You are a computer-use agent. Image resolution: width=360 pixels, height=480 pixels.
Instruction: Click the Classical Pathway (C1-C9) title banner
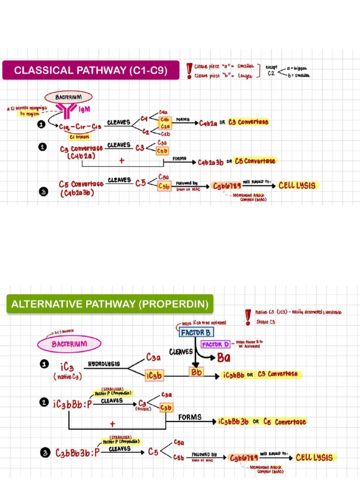click(90, 70)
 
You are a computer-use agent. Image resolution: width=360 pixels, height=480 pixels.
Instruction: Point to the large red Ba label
click(224, 358)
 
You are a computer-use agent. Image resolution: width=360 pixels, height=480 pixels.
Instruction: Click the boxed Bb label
click(196, 372)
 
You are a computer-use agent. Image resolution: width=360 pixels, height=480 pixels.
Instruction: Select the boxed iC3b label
click(154, 376)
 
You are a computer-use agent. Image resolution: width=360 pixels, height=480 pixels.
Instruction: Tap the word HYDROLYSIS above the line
click(104, 364)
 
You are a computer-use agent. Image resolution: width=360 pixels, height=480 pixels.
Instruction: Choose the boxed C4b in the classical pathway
click(165, 120)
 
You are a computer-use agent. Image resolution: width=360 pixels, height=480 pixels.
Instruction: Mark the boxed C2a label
click(165, 127)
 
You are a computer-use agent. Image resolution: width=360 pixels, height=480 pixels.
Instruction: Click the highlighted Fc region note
click(29, 114)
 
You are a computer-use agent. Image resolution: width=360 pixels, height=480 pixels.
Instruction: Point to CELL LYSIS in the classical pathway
click(297, 185)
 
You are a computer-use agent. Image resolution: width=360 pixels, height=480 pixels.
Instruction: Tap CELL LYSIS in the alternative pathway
click(314, 457)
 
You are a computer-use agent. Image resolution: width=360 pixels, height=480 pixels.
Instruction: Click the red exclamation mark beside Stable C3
click(248, 317)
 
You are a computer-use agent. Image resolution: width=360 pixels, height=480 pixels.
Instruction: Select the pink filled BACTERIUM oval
click(69, 344)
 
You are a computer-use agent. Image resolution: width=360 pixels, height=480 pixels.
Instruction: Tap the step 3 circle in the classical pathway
click(43, 191)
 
